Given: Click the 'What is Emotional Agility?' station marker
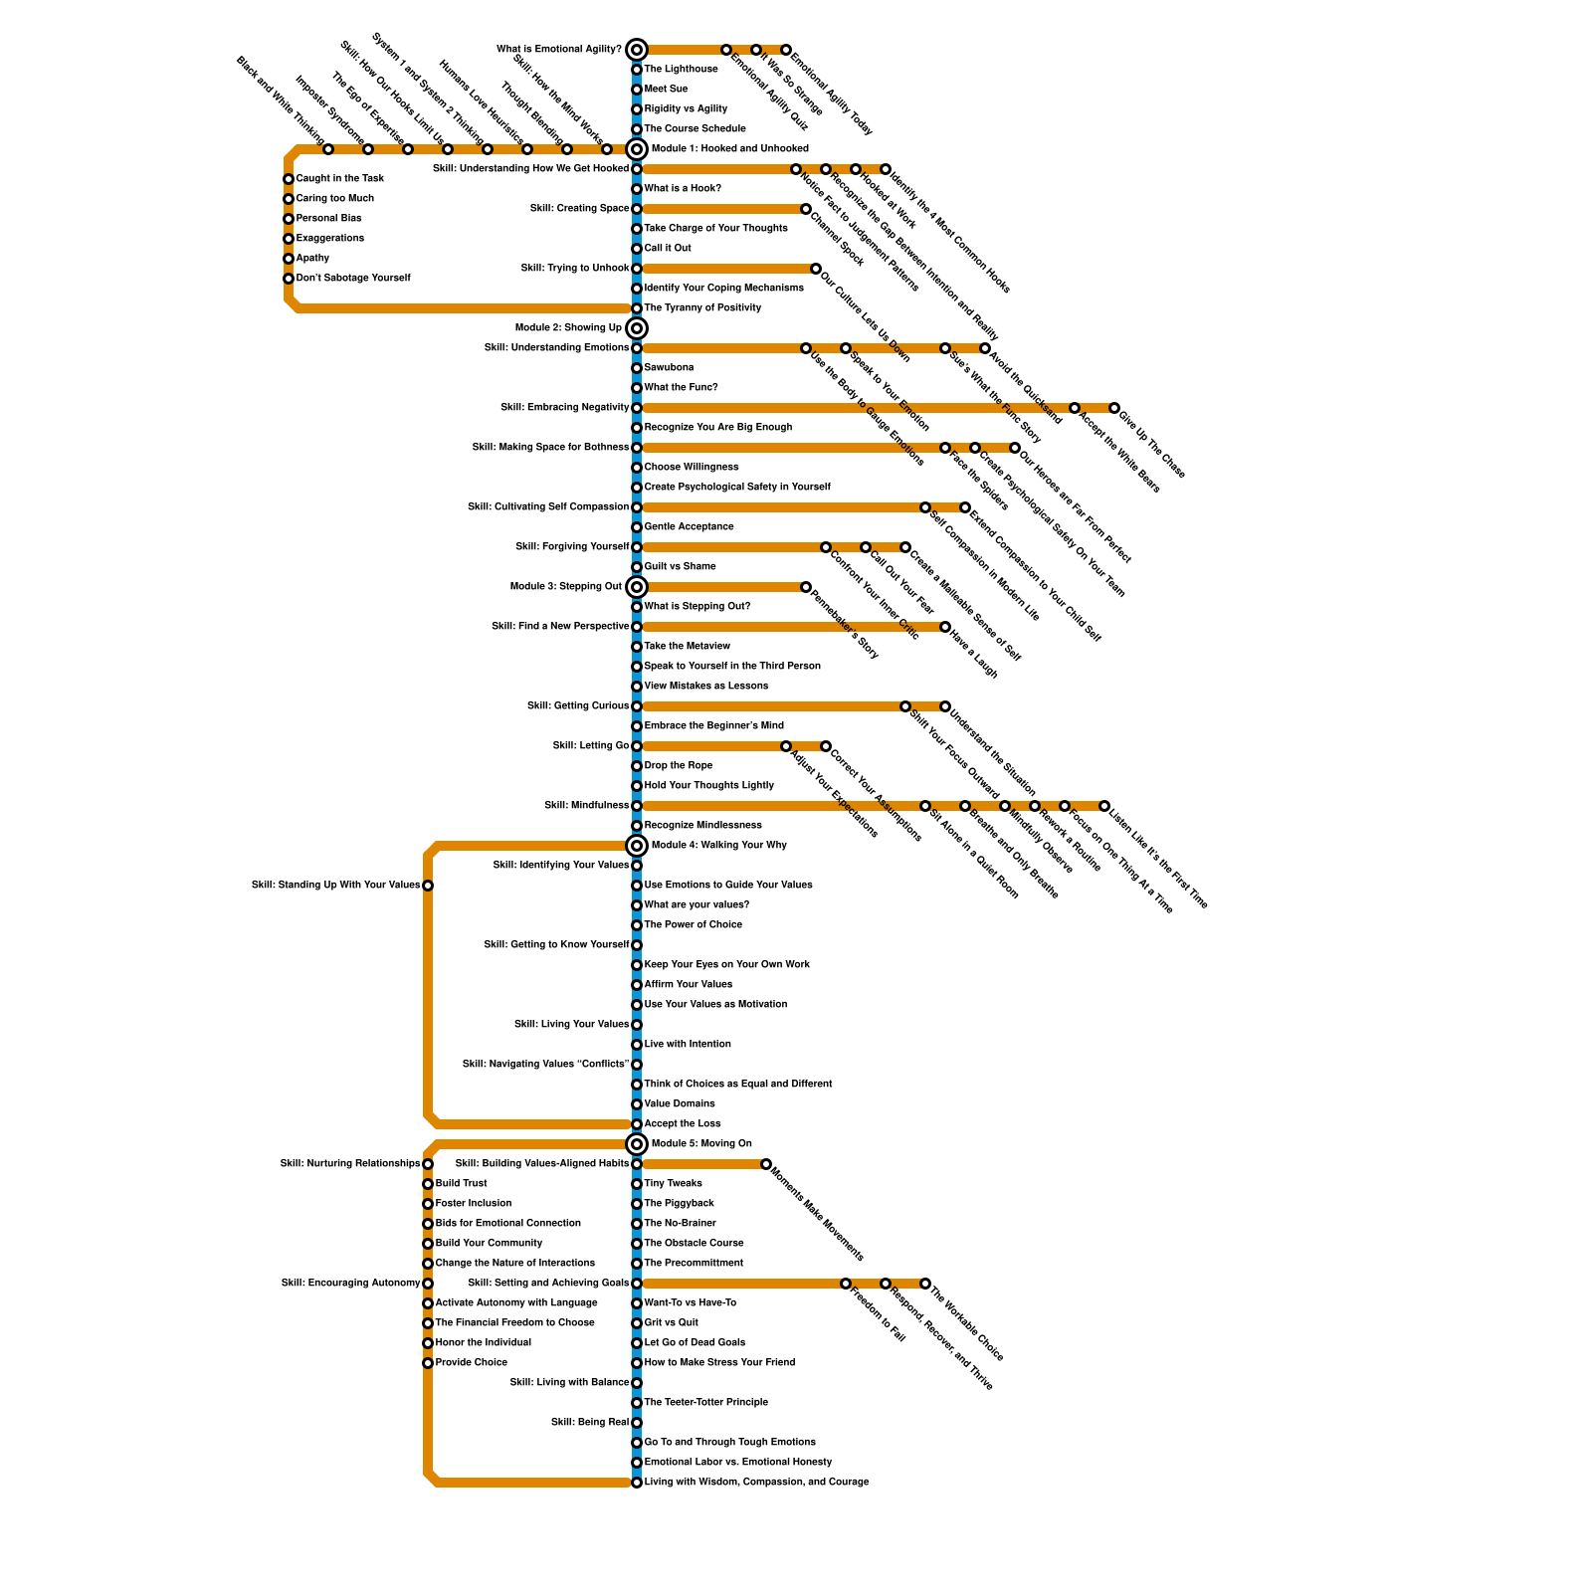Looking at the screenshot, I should pos(637,50).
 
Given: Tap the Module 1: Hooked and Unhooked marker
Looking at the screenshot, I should pos(637,149).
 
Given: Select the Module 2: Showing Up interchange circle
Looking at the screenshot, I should pos(637,328).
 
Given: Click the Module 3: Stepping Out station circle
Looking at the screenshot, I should pos(637,587).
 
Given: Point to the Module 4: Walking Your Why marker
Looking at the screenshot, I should pos(637,846).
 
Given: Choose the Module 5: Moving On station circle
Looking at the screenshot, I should pos(637,1144).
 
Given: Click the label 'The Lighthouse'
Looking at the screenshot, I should pos(681,70).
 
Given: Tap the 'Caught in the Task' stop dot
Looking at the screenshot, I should pos(289,179).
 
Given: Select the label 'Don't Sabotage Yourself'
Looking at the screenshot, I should pos(353,279).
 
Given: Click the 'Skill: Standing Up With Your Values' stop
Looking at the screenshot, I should pos(428,886).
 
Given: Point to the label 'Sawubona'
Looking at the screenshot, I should pos(669,368).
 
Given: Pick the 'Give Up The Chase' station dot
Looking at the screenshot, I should pos(1114,408).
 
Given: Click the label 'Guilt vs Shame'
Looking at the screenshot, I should pos(680,567).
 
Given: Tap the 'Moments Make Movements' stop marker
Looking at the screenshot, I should pos(766,1164).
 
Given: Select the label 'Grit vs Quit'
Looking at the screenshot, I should pos(671,1323).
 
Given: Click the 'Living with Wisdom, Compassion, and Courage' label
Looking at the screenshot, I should pos(756,1483).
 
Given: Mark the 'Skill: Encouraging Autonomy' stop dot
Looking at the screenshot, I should pos(428,1284).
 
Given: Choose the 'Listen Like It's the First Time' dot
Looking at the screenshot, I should pos(1104,806).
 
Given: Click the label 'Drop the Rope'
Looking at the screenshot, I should pos(678,766).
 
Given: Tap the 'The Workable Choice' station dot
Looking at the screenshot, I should pos(925,1284).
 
